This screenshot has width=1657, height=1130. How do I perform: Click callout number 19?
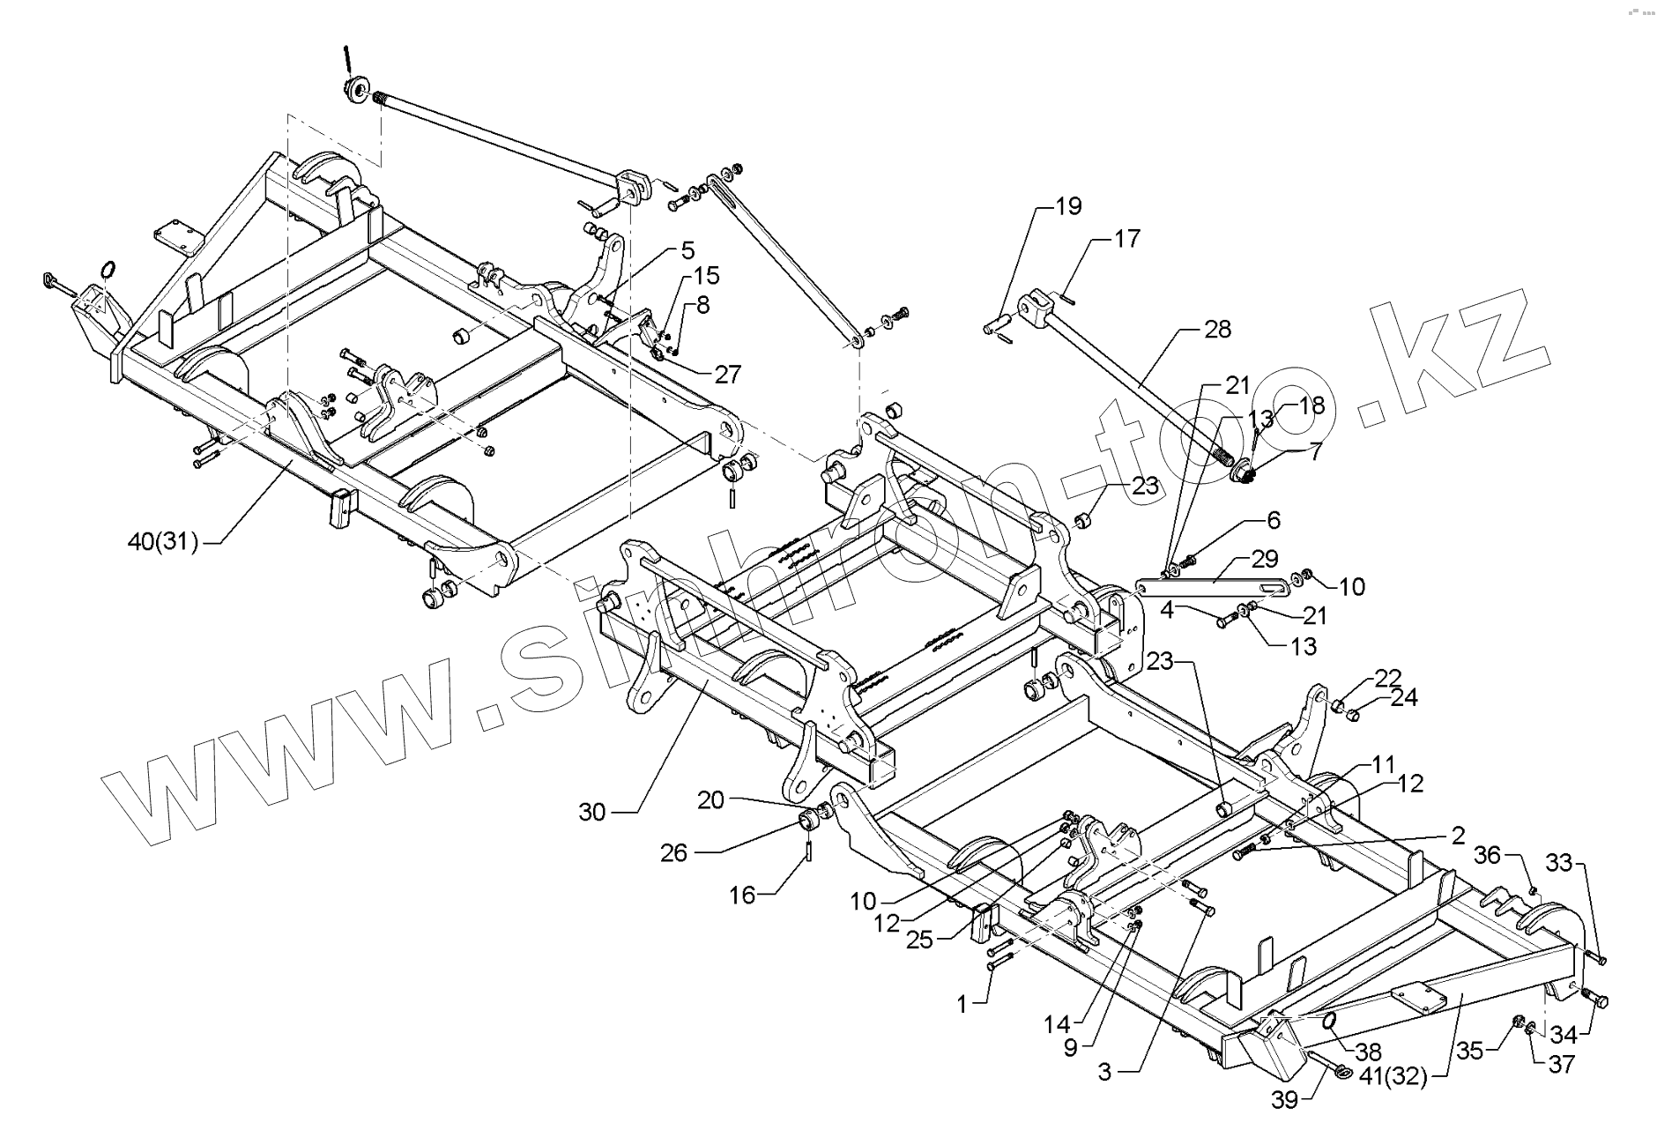coord(1068,207)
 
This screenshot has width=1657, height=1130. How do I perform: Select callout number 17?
coord(1126,240)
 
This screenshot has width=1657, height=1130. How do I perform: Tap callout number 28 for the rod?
coord(1217,330)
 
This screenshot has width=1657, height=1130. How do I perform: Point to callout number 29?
coord(1264,559)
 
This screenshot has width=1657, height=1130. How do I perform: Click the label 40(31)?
coord(163,543)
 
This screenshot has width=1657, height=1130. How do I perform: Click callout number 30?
coord(592,811)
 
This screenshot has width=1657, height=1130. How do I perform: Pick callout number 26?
coord(674,852)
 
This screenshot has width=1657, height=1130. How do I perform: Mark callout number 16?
coord(742,896)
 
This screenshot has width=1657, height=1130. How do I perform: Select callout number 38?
coord(1369,1052)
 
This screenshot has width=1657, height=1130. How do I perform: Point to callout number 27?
coord(727,374)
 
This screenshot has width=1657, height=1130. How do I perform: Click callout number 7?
coord(1315,453)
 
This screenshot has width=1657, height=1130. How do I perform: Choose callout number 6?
coord(1274,520)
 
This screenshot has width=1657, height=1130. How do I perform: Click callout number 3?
coord(1105,1072)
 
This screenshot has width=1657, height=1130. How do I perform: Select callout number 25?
coord(919,940)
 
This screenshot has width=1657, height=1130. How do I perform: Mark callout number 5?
coord(687,250)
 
